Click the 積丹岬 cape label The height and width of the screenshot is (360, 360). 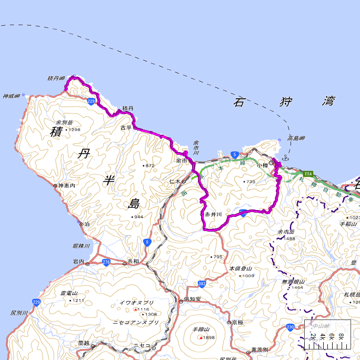coord(56,79)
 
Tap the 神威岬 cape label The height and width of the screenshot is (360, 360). coord(11,96)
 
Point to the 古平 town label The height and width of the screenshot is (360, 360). coord(126,128)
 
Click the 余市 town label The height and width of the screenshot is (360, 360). coord(182,161)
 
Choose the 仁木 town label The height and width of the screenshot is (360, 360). coord(175,182)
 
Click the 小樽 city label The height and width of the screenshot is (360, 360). coord(263,165)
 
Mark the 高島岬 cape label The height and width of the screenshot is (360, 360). coord(296,138)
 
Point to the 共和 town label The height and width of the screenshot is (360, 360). coord(133,262)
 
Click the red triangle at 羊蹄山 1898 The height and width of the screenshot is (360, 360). coord(201,337)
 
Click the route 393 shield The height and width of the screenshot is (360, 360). coord(202,284)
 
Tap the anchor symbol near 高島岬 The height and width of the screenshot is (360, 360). coord(285,157)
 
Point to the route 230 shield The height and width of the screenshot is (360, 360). coord(291,327)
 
